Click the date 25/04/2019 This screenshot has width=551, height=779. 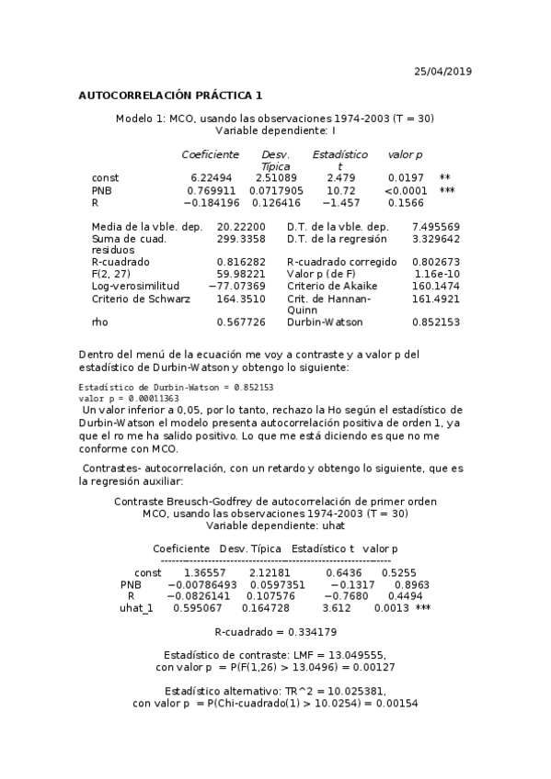point(443,71)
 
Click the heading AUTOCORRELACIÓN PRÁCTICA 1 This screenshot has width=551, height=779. point(170,95)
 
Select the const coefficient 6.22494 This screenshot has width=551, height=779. point(211,177)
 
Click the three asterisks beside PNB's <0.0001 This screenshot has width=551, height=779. point(447,190)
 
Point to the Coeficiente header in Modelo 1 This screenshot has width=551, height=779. point(210,154)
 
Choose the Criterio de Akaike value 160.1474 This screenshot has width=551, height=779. point(436,287)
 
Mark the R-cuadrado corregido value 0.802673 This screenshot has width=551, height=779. point(436,262)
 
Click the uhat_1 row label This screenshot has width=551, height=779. point(136,608)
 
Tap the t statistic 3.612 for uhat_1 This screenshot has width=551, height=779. point(338,608)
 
